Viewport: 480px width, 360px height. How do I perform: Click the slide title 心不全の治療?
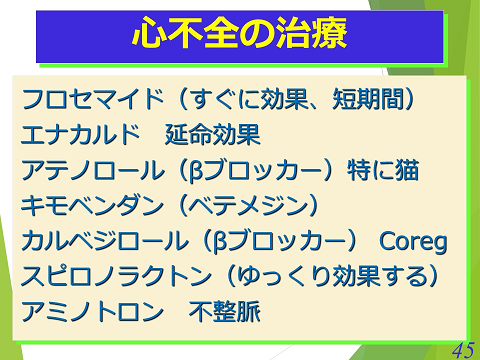(x=240, y=36)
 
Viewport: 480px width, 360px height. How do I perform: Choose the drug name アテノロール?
(x=91, y=170)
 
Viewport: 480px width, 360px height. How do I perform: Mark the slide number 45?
(x=462, y=349)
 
